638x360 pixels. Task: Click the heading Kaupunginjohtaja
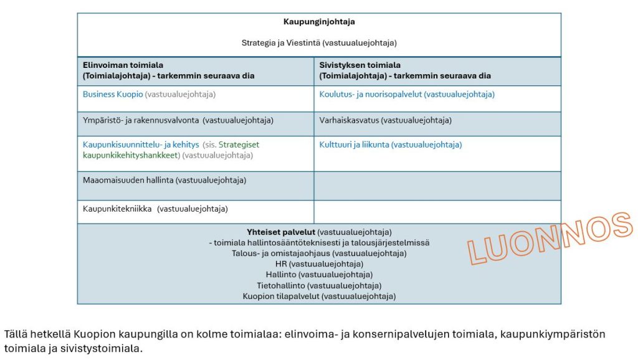point(319,22)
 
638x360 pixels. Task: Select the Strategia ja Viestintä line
point(319,43)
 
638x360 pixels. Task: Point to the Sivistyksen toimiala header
point(359,65)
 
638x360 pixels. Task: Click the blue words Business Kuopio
point(113,95)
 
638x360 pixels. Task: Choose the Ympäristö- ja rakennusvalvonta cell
point(178,120)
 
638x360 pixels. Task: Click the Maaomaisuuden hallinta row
point(164,180)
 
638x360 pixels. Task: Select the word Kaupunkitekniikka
point(117,209)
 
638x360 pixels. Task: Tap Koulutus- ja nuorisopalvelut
point(371,95)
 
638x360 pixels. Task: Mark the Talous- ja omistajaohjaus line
point(319,253)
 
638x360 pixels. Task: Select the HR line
point(319,264)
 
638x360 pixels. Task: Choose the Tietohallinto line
point(319,285)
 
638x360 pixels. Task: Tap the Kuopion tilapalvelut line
point(319,296)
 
